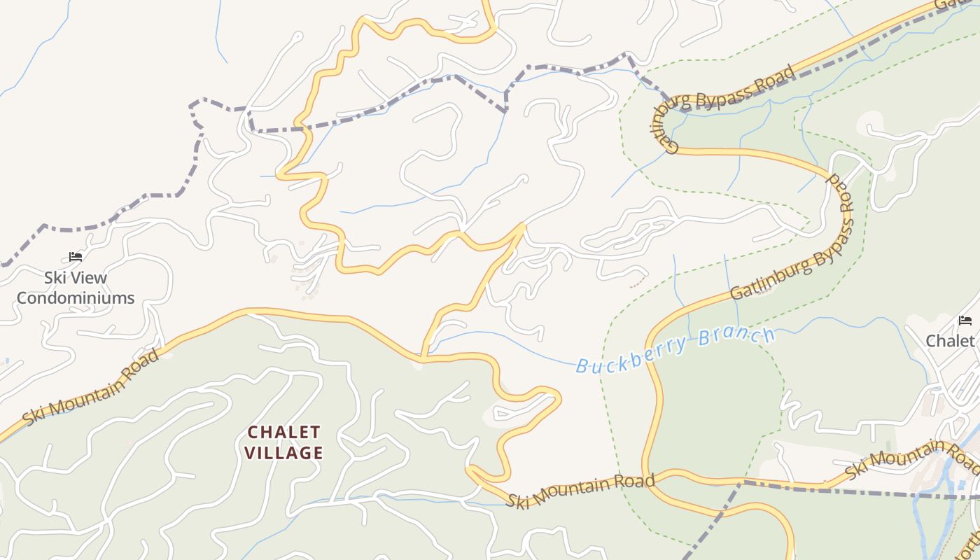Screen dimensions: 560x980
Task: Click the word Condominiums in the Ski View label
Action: (x=76, y=298)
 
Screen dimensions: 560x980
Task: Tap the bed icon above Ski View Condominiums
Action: (x=76, y=257)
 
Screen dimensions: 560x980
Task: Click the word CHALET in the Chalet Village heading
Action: (x=283, y=432)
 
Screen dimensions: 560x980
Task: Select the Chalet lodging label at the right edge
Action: (x=950, y=341)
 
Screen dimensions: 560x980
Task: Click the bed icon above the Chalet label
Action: (x=965, y=321)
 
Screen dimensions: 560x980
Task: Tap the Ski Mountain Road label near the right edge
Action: (x=910, y=459)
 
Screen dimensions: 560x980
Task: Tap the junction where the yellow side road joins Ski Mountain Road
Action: (x=422, y=358)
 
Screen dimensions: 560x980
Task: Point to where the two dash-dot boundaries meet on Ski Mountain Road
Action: (x=743, y=482)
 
